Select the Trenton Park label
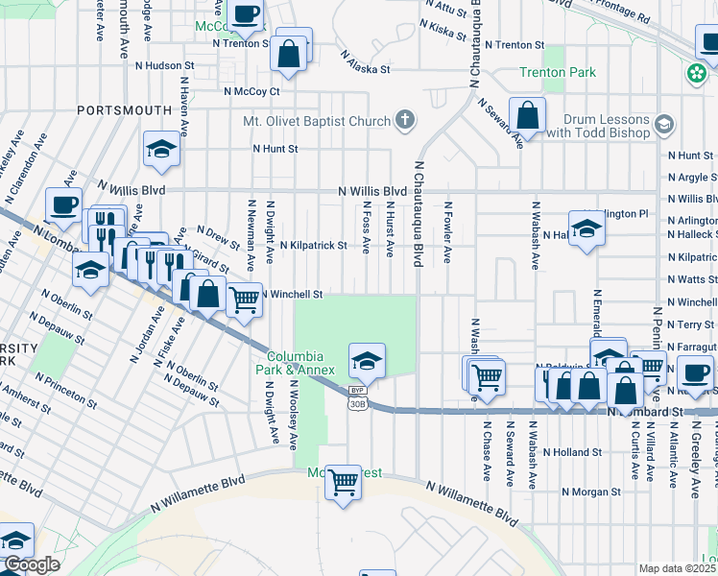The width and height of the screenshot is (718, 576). click(x=557, y=73)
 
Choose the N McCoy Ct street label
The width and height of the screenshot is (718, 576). click(x=251, y=92)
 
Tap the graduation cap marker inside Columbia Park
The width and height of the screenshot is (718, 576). click(x=366, y=361)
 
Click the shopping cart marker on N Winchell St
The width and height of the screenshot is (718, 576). click(x=245, y=300)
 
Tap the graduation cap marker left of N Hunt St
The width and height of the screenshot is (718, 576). click(x=161, y=149)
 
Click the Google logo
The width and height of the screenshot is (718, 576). click(x=32, y=564)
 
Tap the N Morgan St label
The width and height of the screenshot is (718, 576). click(x=591, y=492)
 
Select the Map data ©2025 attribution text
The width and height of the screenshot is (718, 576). click(x=677, y=568)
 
